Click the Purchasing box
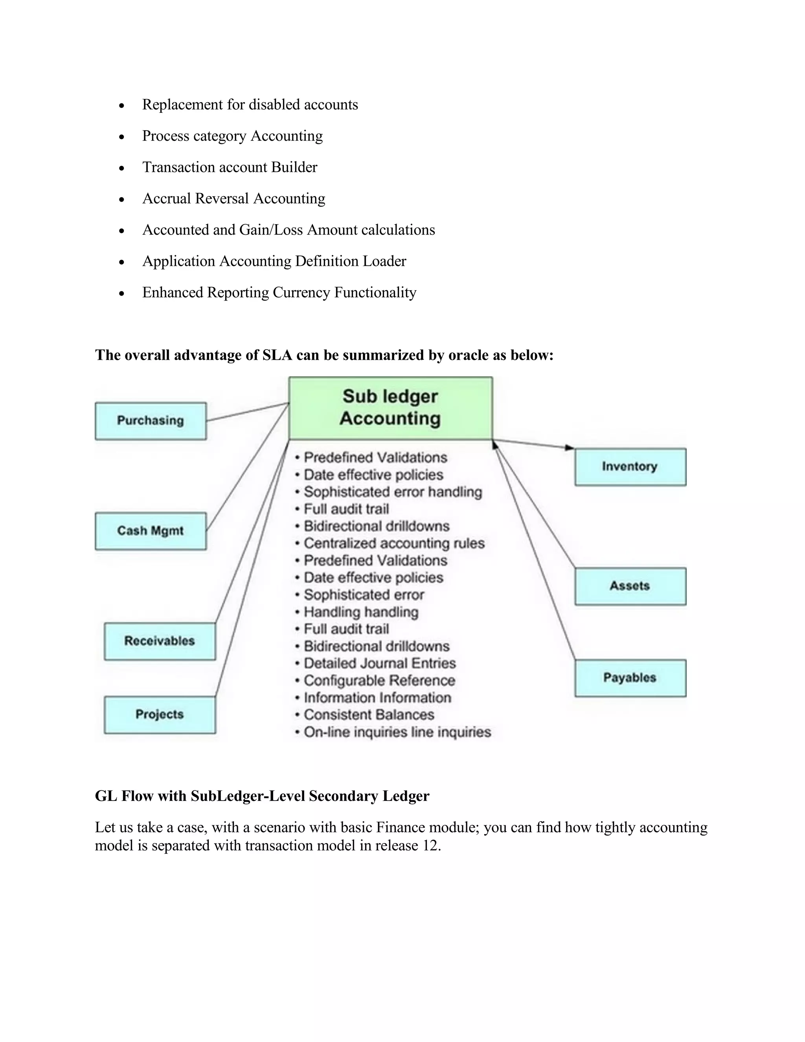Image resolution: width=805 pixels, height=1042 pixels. tap(151, 421)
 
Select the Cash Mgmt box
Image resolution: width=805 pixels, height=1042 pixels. tap(151, 531)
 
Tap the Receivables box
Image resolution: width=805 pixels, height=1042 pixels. tap(160, 641)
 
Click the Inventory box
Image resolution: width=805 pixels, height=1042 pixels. tap(630, 467)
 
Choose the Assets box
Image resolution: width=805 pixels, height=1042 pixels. tap(630, 586)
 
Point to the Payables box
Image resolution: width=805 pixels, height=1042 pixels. tap(630, 677)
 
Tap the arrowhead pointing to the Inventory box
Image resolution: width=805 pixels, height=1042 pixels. tap(570, 447)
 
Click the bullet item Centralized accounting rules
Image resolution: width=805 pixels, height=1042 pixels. tap(394, 543)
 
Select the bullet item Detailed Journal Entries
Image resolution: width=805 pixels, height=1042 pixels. tap(380, 663)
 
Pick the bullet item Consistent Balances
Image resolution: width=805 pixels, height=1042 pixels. tap(369, 715)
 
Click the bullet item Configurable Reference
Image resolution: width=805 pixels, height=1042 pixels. tap(379, 680)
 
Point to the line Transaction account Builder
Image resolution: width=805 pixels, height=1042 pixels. tap(230, 168)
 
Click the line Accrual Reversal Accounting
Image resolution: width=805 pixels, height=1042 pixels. tap(234, 199)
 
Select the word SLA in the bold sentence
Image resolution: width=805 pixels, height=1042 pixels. tap(277, 355)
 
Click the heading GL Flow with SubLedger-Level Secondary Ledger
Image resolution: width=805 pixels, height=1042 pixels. tap(262, 796)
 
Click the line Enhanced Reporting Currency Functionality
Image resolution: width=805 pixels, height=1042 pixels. tap(279, 293)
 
